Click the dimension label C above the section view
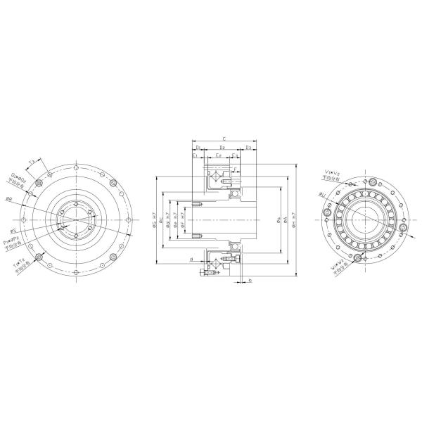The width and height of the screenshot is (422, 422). pos(223,139)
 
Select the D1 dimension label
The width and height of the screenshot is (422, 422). pos(199,148)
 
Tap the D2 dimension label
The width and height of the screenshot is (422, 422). pos(222,148)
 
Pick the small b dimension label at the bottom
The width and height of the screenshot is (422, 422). pos(250,281)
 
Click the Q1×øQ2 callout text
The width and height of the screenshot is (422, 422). pos(19,179)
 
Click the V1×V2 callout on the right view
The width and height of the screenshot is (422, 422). pos(331,172)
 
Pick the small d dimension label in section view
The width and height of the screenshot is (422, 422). pos(192,260)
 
